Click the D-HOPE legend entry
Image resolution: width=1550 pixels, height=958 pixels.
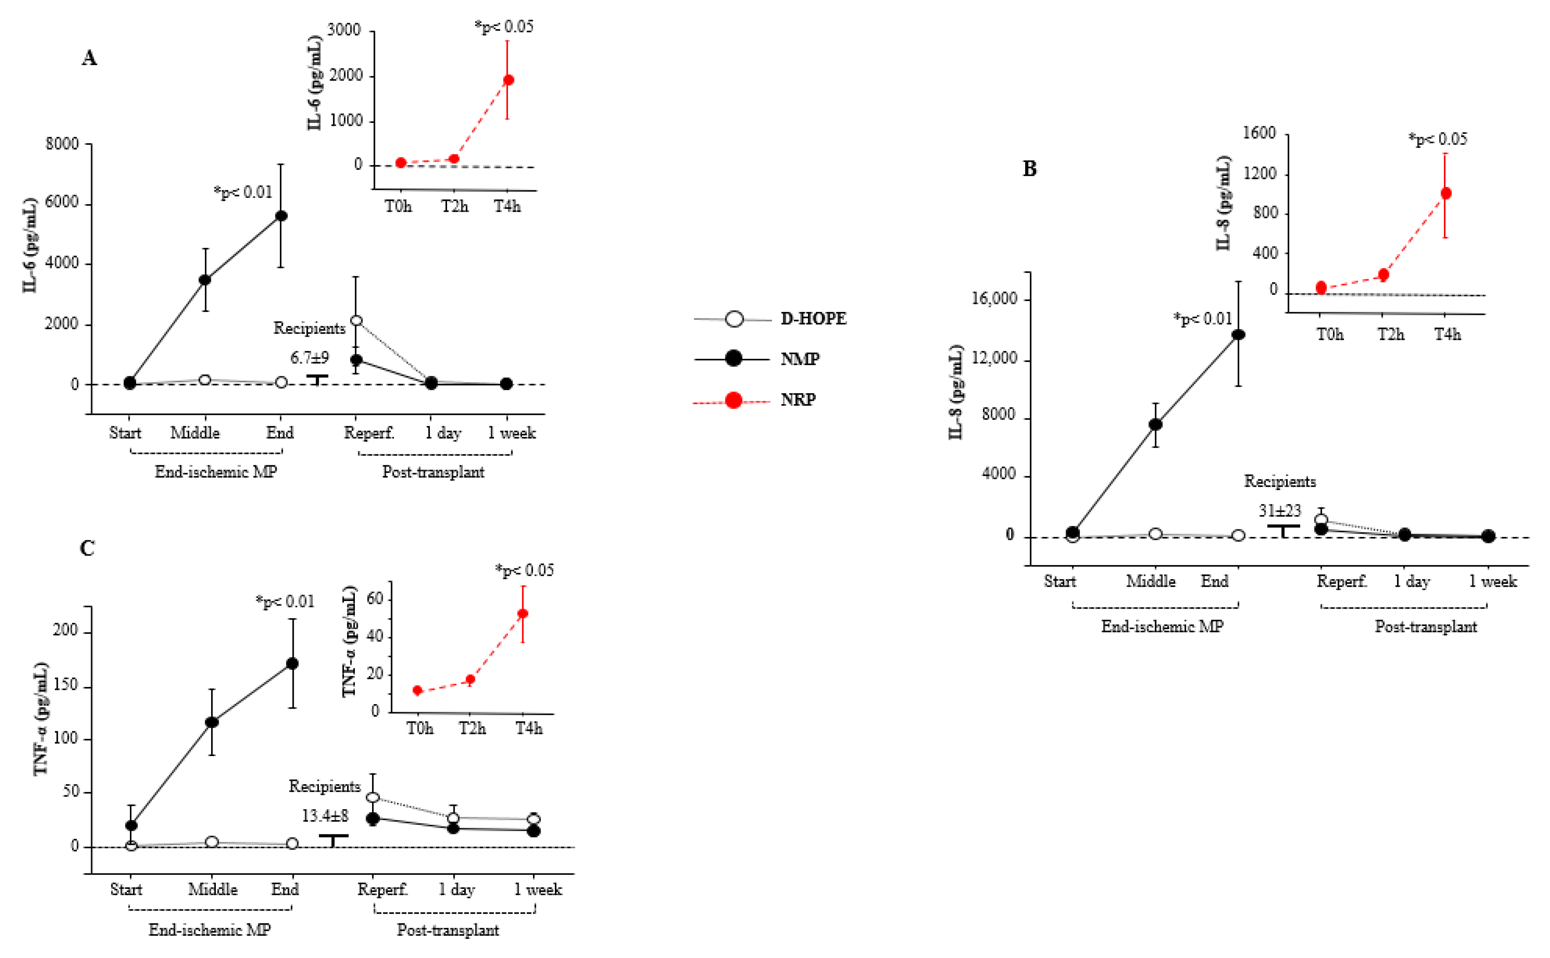(812, 319)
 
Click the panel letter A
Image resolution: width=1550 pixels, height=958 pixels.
(89, 58)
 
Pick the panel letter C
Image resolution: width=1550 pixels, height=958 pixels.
(87, 548)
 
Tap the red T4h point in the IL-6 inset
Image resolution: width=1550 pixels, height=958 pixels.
(508, 80)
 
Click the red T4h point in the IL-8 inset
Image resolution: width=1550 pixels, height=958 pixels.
(1445, 193)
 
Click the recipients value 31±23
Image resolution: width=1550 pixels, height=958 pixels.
(1279, 511)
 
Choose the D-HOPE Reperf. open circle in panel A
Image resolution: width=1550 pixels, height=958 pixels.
(357, 320)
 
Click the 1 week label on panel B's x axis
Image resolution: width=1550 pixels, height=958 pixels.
(1493, 581)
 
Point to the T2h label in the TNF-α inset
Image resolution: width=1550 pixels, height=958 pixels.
(472, 729)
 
